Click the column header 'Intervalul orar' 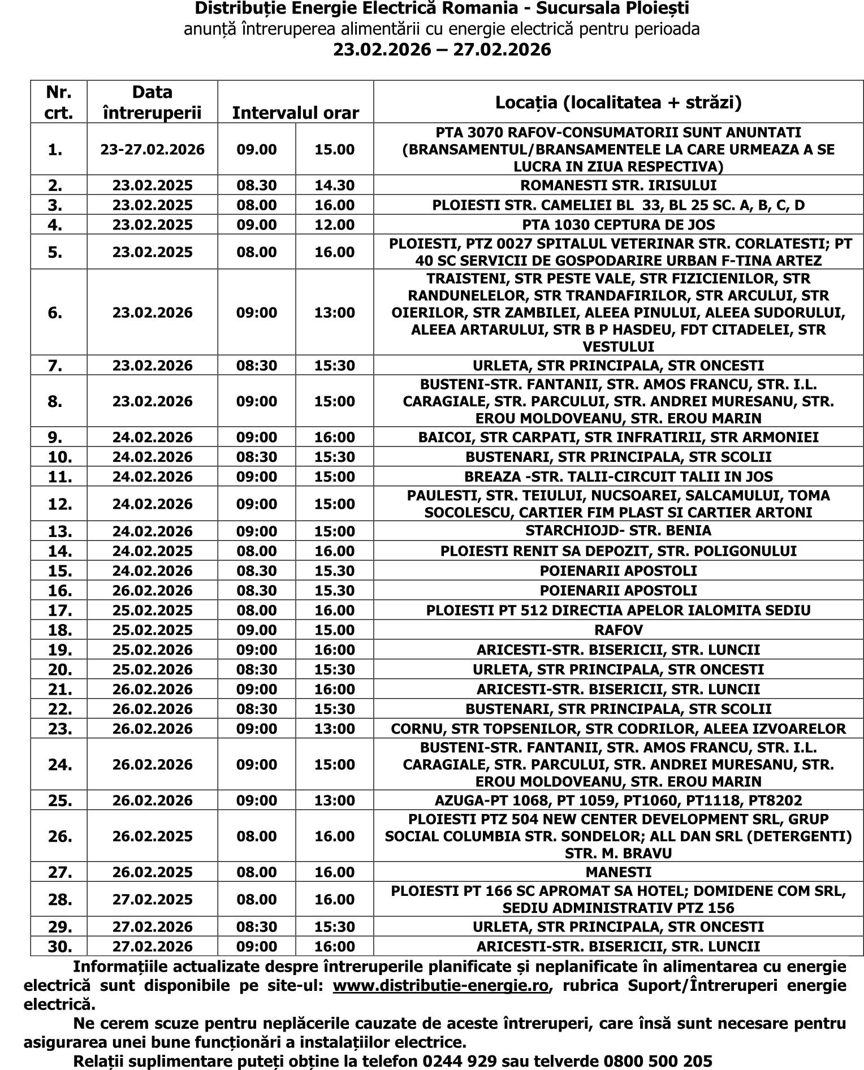point(295,113)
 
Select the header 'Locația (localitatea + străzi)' point(618,102)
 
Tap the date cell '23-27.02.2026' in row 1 point(153,150)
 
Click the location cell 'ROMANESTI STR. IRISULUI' point(618,185)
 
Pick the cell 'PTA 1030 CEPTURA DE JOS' point(618,225)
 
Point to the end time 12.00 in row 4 point(334,225)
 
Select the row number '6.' point(55,313)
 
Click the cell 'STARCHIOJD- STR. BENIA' point(618,531)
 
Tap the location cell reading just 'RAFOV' point(618,630)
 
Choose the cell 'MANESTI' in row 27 point(618,872)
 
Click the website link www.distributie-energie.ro point(441,985)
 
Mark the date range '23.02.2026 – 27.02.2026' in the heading point(442,50)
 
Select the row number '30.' point(59,947)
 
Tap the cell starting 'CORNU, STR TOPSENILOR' point(618,729)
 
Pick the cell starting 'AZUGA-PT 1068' point(618,800)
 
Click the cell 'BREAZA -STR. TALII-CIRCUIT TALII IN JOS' point(618,476)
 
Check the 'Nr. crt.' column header point(59,102)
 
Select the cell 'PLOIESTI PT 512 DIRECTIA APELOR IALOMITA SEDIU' point(618,610)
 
